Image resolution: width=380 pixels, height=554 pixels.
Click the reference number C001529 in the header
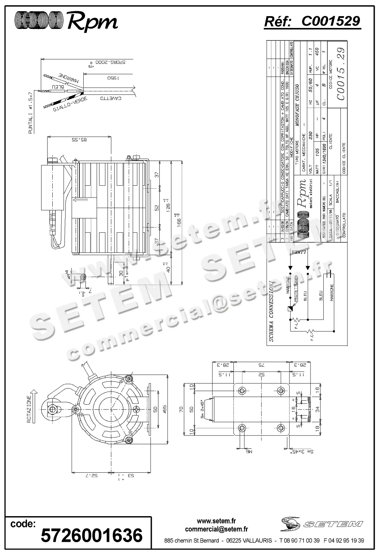point(330,21)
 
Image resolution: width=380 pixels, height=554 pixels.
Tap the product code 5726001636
point(92,535)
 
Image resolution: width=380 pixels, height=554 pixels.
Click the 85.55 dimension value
point(79,140)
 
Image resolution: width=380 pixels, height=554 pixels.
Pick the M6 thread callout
point(249,452)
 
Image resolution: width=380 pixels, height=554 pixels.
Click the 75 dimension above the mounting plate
point(261,365)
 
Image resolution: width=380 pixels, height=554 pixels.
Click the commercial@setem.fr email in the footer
point(216,529)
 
